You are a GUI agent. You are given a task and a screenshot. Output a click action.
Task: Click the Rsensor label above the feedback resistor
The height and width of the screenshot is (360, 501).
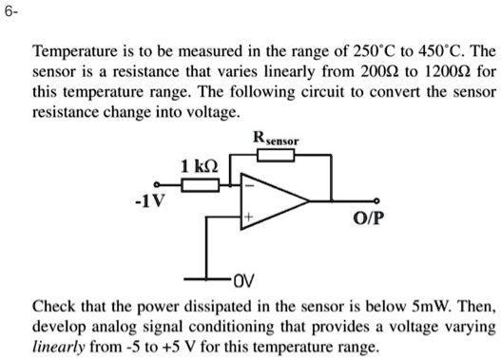tap(276, 139)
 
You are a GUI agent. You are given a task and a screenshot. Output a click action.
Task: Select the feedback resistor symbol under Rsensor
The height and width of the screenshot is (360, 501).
tap(276, 155)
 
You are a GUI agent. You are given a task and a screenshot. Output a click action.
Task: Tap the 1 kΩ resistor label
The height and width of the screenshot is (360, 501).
tap(199, 168)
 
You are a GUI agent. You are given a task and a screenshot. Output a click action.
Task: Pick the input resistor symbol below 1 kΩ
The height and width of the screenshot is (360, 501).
tap(199, 186)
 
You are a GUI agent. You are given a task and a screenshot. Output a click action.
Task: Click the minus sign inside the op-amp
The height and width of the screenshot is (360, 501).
tap(250, 186)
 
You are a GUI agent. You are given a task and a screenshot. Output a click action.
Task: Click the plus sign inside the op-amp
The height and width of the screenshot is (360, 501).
tap(250, 218)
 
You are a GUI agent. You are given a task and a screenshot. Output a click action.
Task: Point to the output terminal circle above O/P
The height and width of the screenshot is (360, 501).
tap(378, 201)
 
